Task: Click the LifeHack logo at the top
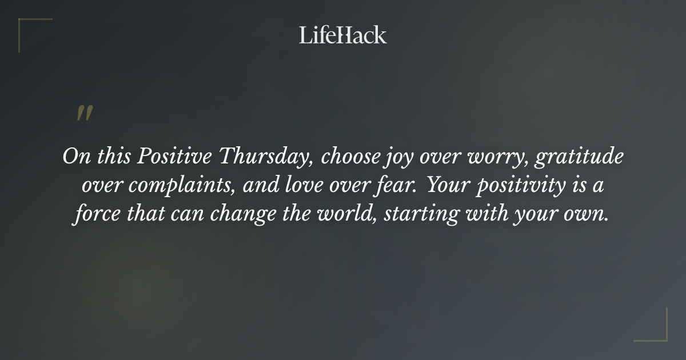click(x=343, y=35)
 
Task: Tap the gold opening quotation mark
click(x=85, y=113)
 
